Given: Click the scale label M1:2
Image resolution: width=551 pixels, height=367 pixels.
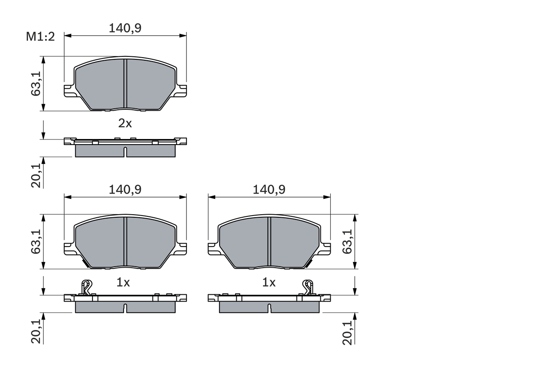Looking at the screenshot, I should tap(40, 37).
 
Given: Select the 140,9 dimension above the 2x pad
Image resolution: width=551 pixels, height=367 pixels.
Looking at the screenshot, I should tap(125, 28).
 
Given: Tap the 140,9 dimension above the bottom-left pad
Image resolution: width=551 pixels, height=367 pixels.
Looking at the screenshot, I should tap(125, 189).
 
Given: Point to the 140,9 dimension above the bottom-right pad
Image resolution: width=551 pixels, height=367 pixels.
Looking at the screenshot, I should tap(269, 189).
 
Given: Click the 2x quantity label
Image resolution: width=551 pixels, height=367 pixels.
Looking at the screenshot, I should tap(125, 123).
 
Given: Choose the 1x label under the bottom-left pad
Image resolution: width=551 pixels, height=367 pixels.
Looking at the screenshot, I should tap(124, 282).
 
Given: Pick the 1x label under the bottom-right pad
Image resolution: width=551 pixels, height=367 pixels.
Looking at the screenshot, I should tap(269, 282).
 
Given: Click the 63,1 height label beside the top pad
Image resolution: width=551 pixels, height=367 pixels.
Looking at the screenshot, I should tap(36, 83).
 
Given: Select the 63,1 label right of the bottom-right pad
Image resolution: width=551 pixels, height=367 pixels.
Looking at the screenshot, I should tap(348, 241).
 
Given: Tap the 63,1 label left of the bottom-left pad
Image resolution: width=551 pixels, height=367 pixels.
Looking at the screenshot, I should tap(36, 241).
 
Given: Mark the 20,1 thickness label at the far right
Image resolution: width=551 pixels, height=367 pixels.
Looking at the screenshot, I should tap(348, 332).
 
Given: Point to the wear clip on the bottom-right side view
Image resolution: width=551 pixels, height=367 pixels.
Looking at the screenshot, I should tap(308, 287).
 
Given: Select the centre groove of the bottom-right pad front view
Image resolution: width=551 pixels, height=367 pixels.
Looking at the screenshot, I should tap(269, 241).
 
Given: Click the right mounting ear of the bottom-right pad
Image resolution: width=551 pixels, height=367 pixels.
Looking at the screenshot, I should tap(325, 249).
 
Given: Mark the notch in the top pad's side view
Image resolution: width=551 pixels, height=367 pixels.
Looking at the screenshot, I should tap(125, 151).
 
